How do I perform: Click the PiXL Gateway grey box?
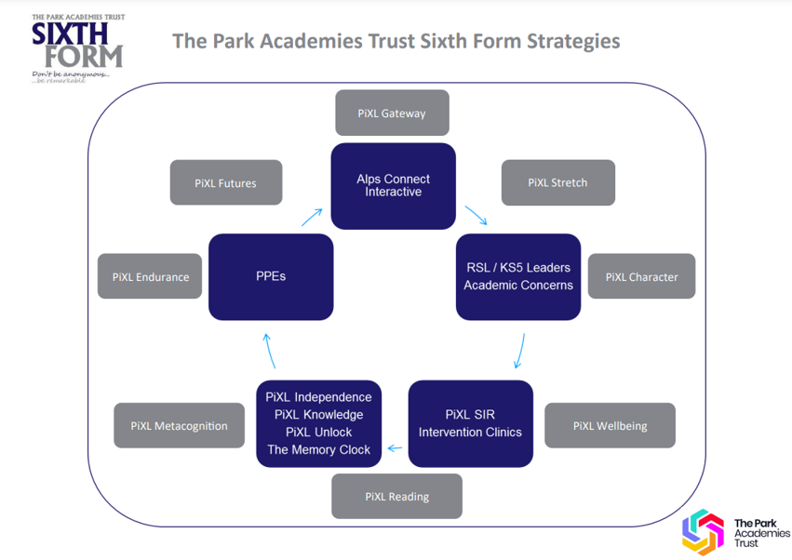pyautogui.click(x=392, y=113)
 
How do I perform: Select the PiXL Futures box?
pyautogui.click(x=226, y=183)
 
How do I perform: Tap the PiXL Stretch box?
pyautogui.click(x=557, y=182)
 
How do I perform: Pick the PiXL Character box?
pyautogui.click(x=641, y=276)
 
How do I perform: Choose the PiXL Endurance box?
pyautogui.click(x=150, y=276)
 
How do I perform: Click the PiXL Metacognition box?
pyautogui.click(x=179, y=426)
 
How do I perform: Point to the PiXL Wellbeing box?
pyautogui.click(x=610, y=426)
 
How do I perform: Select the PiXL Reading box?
pyautogui.click(x=396, y=496)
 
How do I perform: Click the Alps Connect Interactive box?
pyautogui.click(x=393, y=185)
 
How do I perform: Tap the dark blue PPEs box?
pyautogui.click(x=271, y=276)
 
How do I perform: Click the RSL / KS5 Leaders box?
pyautogui.click(x=517, y=276)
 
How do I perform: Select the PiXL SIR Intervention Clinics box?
pyautogui.click(x=470, y=423)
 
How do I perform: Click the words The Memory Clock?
pyautogui.click(x=318, y=449)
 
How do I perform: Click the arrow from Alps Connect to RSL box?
pyautogui.click(x=476, y=216)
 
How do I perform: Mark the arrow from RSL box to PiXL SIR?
pyautogui.click(x=518, y=352)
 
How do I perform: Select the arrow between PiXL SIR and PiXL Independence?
pyautogui.click(x=395, y=448)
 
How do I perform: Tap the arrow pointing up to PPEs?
pyautogui.click(x=268, y=351)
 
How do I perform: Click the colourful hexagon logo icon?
pyautogui.click(x=703, y=532)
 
